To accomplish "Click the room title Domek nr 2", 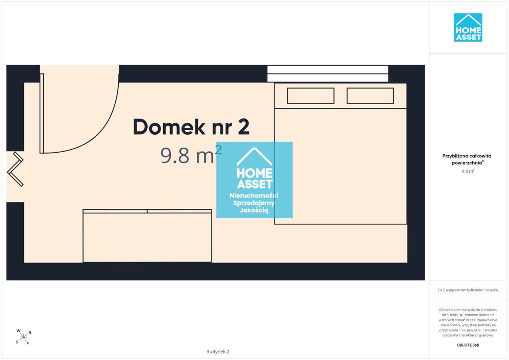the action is tap(191, 127).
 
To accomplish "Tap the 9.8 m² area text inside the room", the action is tap(191, 155).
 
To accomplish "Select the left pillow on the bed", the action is tap(311, 96).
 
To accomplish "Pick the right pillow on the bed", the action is tap(370, 96).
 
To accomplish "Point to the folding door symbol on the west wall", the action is tap(15, 169).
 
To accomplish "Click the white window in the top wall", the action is tap(328, 74).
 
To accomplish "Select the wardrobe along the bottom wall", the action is tap(147, 236).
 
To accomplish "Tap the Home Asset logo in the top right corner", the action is tap(468, 27).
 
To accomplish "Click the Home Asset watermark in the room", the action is tap(254, 180).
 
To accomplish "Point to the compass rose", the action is tap(23, 337).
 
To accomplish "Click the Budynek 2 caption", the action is tap(218, 352).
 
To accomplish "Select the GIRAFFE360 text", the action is tap(468, 345).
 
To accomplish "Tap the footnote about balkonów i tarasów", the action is tap(468, 290).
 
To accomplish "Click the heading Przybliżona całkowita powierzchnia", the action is tap(467, 159).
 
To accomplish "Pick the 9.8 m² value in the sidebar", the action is tap(468, 171).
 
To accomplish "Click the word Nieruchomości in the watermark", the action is tap(254, 195).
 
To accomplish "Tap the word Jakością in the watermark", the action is tap(254, 210).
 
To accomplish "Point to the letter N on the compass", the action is tap(30, 333).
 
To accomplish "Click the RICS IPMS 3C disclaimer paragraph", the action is tap(468, 322).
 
